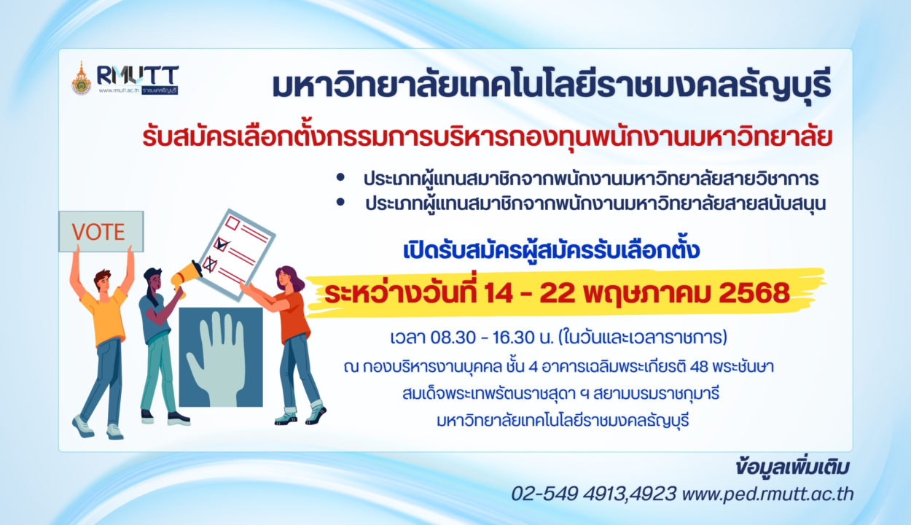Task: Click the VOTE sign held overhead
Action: click(101, 232)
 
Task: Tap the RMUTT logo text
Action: click(138, 76)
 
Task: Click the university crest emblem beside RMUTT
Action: click(82, 79)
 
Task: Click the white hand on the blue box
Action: click(216, 359)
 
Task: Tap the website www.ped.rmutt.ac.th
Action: click(767, 494)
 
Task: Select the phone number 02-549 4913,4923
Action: click(593, 494)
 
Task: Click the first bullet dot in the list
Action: click(340, 177)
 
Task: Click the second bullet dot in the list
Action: click(340, 202)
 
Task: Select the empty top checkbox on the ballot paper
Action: click(232, 223)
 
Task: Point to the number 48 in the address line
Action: click(699, 367)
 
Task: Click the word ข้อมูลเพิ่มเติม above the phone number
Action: click(792, 467)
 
